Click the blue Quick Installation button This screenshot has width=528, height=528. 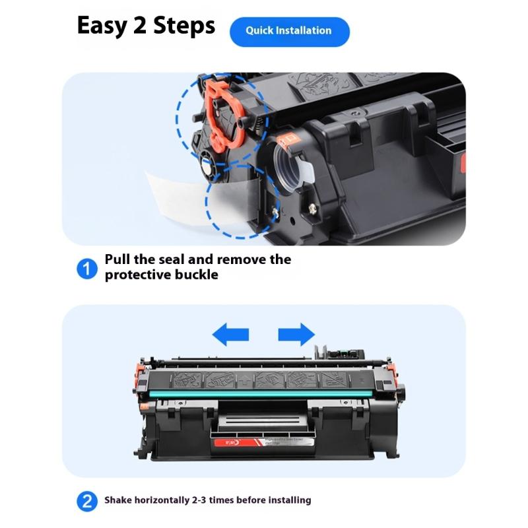pyautogui.click(x=289, y=31)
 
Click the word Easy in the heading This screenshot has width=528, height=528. pyautogui.click(x=106, y=26)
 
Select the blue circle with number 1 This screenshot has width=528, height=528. pyautogui.click(x=86, y=268)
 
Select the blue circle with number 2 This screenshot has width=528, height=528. pyautogui.click(x=86, y=501)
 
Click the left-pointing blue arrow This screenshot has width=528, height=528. pyautogui.click(x=230, y=335)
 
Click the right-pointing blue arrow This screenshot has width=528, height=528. pyautogui.click(x=296, y=335)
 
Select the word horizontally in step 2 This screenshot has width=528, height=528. pyautogui.click(x=164, y=500)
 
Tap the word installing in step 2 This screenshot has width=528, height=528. pyautogui.click(x=288, y=500)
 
